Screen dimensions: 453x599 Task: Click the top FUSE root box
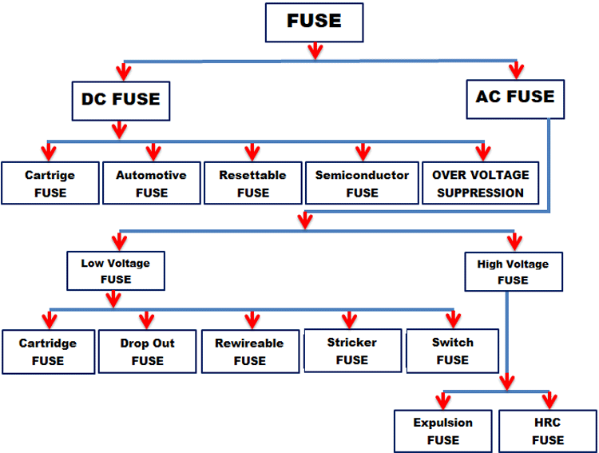[314, 22]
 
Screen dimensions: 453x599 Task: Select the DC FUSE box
[121, 100]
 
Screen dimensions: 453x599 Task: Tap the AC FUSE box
[515, 97]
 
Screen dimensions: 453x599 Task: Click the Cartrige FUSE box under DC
[50, 183]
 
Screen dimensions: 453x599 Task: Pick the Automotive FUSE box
[151, 183]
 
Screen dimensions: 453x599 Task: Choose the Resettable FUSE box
[252, 183]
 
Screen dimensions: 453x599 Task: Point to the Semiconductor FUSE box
[362, 183]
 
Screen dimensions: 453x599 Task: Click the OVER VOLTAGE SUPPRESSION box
[480, 183]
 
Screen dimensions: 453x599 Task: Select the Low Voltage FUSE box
[115, 271]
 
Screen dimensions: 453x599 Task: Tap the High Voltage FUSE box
[512, 272]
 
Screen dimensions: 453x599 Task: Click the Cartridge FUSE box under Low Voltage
[48, 351]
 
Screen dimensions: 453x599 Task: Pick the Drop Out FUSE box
[147, 351]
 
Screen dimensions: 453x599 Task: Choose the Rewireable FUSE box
[248, 351]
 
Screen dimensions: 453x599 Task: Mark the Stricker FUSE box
[351, 350]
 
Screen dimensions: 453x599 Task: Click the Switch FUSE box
[452, 350]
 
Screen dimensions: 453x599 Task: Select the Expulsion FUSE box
[442, 431]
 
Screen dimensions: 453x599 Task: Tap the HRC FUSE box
[548, 431]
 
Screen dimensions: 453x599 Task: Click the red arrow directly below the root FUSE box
[315, 51]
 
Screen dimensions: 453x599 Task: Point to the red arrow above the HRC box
[549, 399]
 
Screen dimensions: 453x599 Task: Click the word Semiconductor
[362, 175]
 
